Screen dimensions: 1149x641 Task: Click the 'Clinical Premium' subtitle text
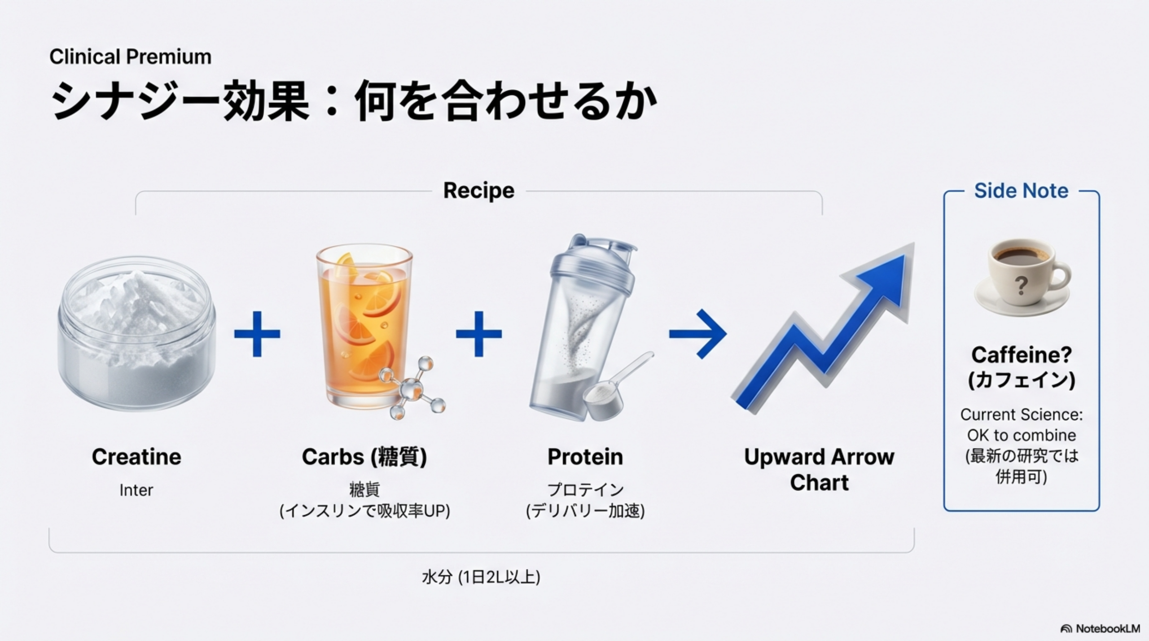[x=130, y=57]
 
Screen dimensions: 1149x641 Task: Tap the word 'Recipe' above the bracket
[x=478, y=191]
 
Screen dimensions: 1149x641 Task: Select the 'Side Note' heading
[x=1021, y=191]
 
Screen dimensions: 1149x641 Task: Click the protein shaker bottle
[x=583, y=327]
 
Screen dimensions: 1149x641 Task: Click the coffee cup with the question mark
[x=1022, y=278]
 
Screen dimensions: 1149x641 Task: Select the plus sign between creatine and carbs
[x=257, y=334]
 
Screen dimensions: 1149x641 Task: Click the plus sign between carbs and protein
[x=478, y=334]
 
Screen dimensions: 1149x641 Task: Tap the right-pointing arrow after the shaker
[x=697, y=334]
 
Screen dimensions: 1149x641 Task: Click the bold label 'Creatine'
[x=136, y=457]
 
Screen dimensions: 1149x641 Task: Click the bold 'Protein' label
[x=585, y=457]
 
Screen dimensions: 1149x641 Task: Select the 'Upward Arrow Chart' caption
[x=819, y=470]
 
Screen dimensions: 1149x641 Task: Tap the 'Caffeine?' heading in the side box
[x=1022, y=355]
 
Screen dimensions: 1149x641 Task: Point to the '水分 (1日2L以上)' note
[x=481, y=577]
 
